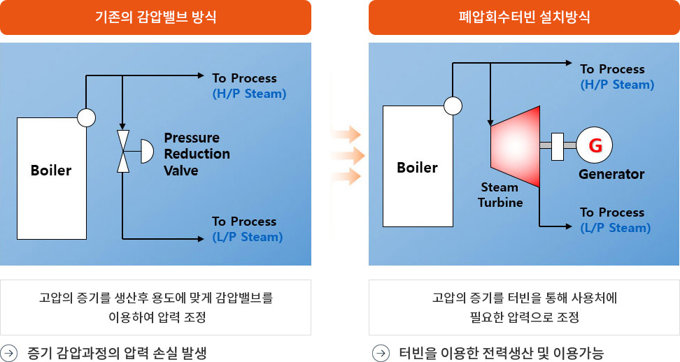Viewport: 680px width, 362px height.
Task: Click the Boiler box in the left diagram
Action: [x=50, y=178]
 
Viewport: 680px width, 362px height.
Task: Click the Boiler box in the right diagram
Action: [x=417, y=167]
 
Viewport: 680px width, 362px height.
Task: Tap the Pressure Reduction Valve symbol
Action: [x=123, y=151]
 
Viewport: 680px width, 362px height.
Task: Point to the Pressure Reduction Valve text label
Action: [x=197, y=154]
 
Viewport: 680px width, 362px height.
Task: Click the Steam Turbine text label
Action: [x=500, y=195]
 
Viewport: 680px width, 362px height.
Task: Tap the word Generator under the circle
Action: [x=611, y=175]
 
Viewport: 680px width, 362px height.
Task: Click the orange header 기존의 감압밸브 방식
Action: [x=155, y=17]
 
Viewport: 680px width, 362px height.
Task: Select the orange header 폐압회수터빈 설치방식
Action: [x=524, y=17]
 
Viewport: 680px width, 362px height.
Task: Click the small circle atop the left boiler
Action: [x=87, y=117]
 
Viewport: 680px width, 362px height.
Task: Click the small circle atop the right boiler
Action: [x=453, y=106]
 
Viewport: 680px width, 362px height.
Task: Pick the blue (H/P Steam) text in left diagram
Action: [x=249, y=94]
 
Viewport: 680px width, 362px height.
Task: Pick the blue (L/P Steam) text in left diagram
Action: [x=247, y=237]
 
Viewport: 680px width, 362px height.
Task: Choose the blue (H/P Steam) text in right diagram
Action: [x=617, y=85]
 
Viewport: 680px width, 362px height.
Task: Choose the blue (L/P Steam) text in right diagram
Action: [x=615, y=228]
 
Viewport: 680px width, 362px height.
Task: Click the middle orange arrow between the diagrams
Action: [x=348, y=154]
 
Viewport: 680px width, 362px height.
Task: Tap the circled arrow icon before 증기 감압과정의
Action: [x=10, y=353]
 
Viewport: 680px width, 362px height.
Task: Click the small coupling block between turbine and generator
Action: [x=558, y=145]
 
